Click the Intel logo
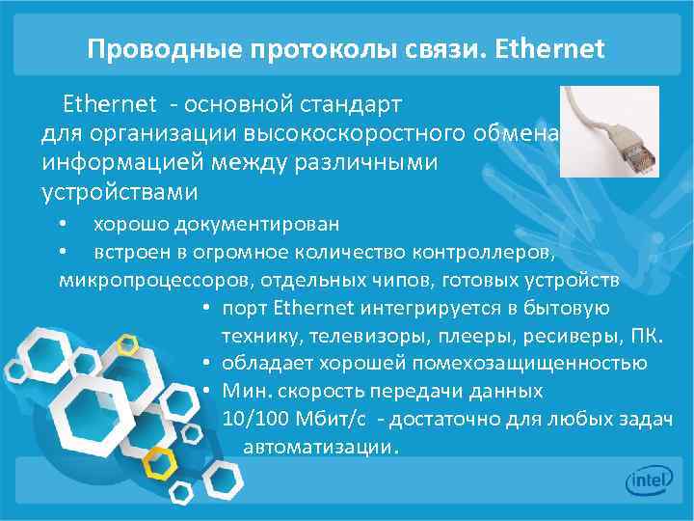coord(649,480)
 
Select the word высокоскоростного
coord(361,132)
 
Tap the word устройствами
coord(120,192)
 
